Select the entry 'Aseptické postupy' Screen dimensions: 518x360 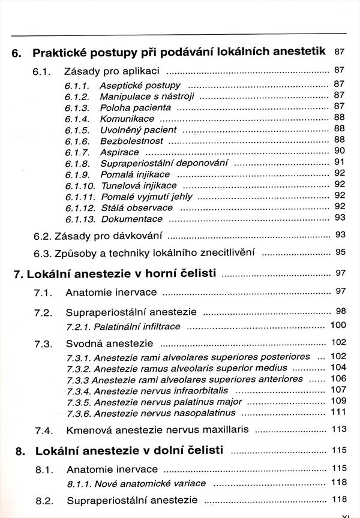pyautogui.click(x=140, y=85)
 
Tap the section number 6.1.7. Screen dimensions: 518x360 pyautogui.click(x=77, y=152)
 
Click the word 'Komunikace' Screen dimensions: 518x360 pyautogui.click(x=127, y=119)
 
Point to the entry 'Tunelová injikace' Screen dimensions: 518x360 pyautogui.click(x=139, y=185)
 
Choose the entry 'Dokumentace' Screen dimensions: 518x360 pyautogui.click(x=131, y=219)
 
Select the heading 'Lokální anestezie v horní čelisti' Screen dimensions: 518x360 pyautogui.click(x=115, y=275)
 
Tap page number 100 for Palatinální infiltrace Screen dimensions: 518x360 pyautogui.click(x=338, y=326)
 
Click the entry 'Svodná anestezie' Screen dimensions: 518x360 pyautogui.click(x=109, y=344)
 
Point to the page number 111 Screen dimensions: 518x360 pyautogui.click(x=338, y=412)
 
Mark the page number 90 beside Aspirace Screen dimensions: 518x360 pyautogui.click(x=340, y=151)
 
